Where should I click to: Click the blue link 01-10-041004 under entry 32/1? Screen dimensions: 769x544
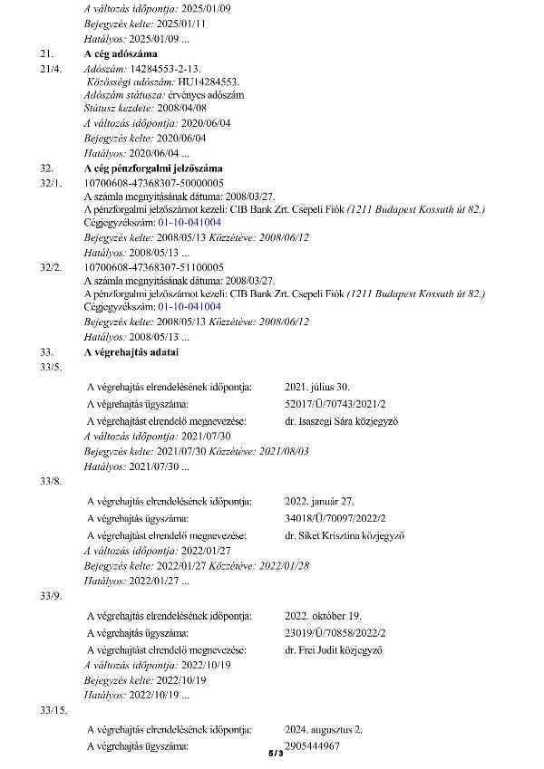189,221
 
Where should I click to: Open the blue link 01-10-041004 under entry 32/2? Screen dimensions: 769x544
189,306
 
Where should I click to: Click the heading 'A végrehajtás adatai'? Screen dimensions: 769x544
131,351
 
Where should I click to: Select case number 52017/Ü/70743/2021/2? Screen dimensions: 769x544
335,403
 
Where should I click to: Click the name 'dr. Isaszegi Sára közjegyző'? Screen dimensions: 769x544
341,421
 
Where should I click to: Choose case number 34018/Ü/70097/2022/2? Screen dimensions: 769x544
335,518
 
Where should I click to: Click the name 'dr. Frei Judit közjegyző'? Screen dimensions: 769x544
334,650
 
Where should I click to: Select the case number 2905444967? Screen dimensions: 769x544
312,745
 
